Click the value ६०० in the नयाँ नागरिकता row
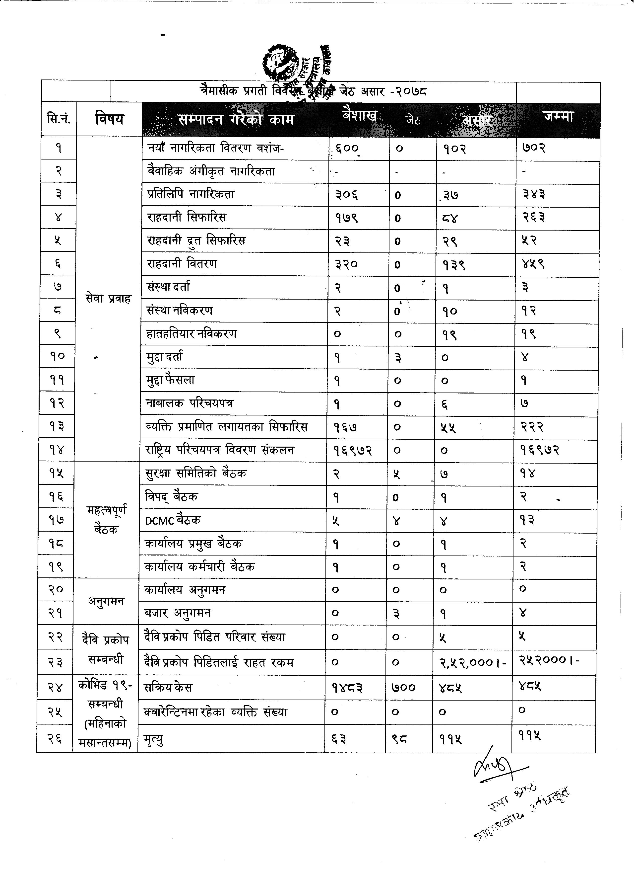point(347,148)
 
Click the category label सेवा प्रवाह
point(109,298)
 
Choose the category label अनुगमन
point(106,601)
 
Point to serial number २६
point(56,738)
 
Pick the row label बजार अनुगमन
point(178,613)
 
